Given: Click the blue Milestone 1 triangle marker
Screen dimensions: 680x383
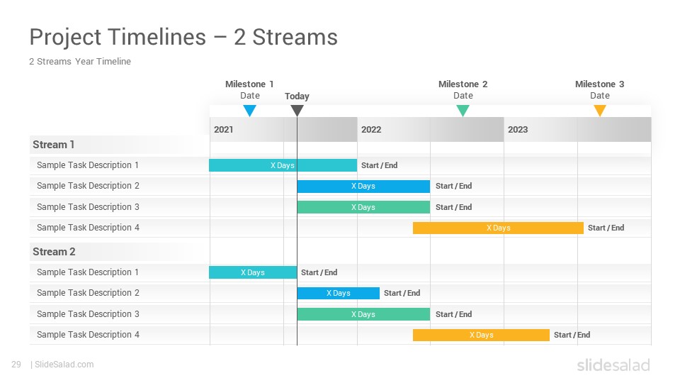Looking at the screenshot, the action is click(250, 111).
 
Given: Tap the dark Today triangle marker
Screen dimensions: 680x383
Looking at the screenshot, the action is click(297, 111).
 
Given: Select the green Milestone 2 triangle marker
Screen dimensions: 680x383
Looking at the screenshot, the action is click(463, 111).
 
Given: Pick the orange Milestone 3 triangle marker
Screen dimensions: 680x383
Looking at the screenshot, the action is click(600, 111).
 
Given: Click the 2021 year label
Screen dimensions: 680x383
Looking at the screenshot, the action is click(223, 129).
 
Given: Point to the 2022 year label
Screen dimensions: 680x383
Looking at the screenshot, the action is click(371, 129).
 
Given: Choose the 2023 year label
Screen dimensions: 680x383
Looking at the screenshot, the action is click(518, 129).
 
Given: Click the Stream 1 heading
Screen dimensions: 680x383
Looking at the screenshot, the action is click(53, 145).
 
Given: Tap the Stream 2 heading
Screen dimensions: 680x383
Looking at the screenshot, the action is click(54, 252).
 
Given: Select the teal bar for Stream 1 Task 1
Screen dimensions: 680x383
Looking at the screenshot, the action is click(283, 165).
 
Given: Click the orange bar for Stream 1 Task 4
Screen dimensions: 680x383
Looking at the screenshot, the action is click(498, 228).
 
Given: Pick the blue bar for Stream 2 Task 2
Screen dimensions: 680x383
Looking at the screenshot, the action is click(339, 293).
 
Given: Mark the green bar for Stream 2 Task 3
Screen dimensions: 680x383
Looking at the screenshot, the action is click(363, 314).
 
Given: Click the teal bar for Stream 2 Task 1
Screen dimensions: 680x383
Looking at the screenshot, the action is click(253, 272).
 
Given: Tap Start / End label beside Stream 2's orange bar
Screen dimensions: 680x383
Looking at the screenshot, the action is click(572, 335).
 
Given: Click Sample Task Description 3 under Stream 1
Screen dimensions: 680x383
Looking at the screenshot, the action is click(88, 207).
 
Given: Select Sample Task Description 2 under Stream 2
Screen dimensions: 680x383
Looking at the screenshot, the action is click(88, 293).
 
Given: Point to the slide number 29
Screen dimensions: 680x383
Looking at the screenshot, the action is click(16, 365).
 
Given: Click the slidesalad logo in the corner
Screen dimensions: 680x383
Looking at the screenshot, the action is click(613, 365).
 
